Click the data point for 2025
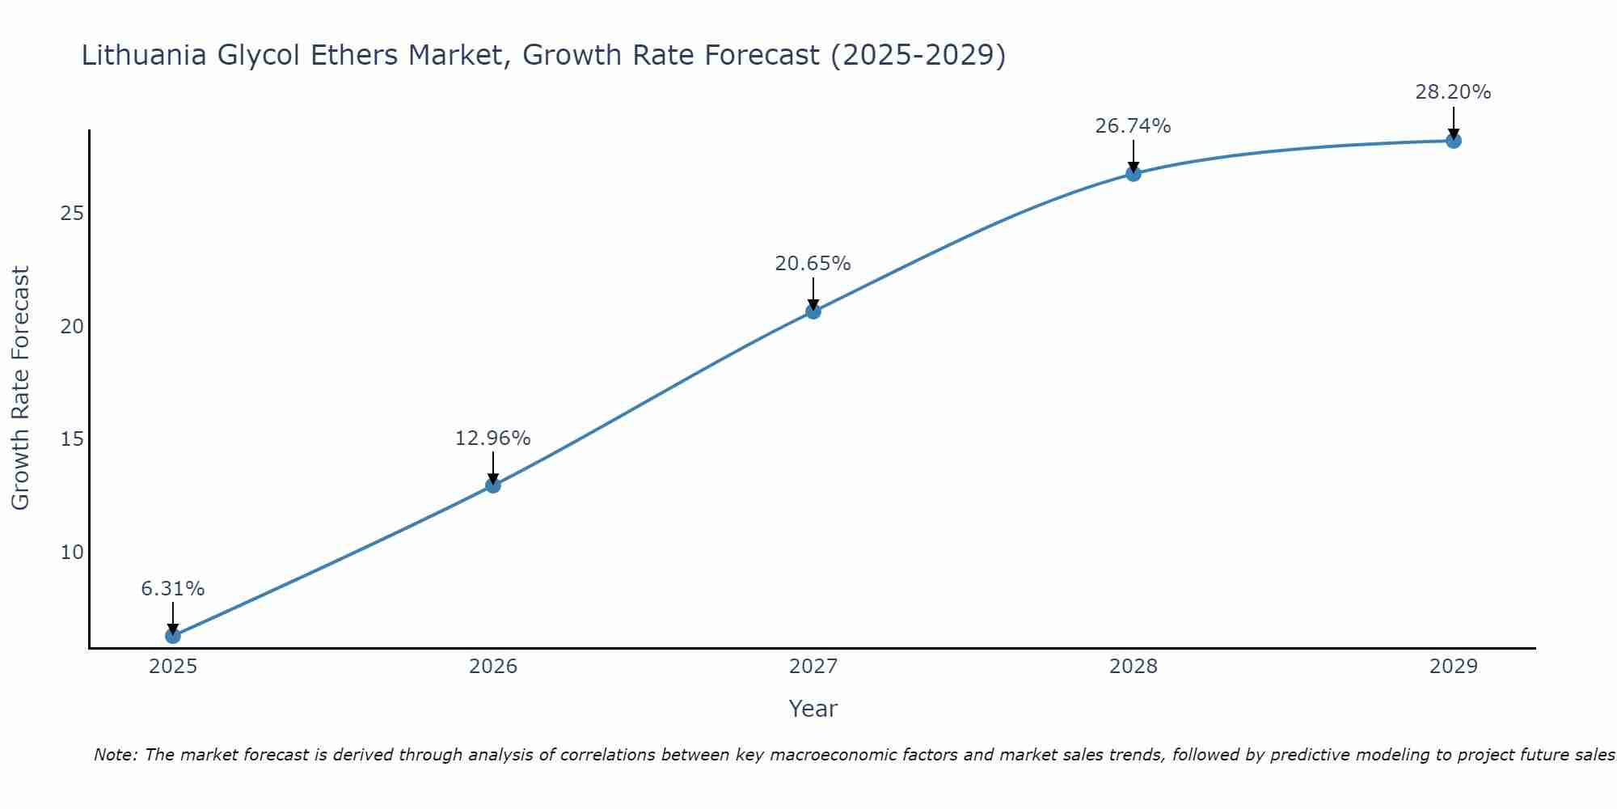(173, 636)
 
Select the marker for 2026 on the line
(493, 485)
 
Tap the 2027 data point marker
(813, 311)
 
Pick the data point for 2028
(1134, 174)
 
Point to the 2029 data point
(1454, 141)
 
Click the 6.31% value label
(173, 589)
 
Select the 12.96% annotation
(493, 438)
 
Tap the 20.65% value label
(813, 264)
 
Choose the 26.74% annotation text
(1134, 126)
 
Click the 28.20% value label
(1454, 92)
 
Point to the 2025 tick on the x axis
(173, 667)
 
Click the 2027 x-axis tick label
(813, 667)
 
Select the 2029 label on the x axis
(1454, 667)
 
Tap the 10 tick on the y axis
(73, 553)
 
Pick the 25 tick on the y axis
(73, 214)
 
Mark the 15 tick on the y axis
(73, 439)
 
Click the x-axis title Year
(813, 709)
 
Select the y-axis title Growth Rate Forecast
(21, 388)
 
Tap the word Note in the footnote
(116, 756)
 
